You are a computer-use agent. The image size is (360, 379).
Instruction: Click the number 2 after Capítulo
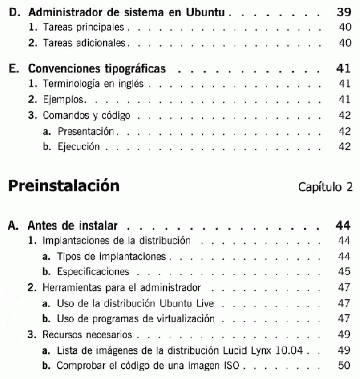pyautogui.click(x=349, y=187)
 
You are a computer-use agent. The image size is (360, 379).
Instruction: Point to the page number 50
pyautogui.click(x=344, y=365)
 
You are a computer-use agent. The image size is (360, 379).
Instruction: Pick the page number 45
pyautogui.click(x=344, y=272)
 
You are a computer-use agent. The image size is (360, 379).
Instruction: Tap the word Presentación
pyautogui.click(x=86, y=131)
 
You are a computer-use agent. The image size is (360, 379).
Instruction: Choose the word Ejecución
pyautogui.click(x=79, y=146)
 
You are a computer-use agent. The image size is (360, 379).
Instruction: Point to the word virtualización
pyautogui.click(x=185, y=318)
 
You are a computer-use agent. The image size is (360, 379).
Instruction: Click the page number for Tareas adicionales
pyautogui.click(x=344, y=43)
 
